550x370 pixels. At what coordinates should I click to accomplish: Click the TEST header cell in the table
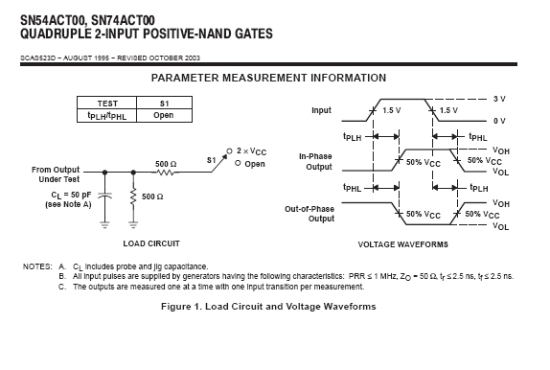pos(106,103)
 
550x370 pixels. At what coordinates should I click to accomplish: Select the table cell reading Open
pos(164,115)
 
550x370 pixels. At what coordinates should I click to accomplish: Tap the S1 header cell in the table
pos(164,103)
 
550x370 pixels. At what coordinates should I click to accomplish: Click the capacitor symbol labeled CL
pos(104,196)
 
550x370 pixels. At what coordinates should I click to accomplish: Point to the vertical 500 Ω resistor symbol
pos(133,197)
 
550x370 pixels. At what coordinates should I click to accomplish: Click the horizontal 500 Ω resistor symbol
pos(165,172)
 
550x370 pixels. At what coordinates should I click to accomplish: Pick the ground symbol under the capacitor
pos(104,224)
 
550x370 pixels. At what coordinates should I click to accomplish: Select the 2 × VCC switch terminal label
pos(251,151)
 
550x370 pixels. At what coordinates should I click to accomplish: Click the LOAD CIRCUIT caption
pos(151,243)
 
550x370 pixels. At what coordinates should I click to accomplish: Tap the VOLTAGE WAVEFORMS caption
pos(403,244)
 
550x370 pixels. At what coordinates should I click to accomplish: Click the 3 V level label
pos(499,99)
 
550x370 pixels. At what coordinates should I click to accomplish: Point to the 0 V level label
pos(499,121)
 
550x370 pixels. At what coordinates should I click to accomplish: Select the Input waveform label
pos(321,110)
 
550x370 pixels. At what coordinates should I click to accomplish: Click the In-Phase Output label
pos(315,161)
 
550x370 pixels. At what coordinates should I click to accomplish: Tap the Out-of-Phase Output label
pos(309,214)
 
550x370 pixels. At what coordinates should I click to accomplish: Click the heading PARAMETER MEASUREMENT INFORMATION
pos(268,78)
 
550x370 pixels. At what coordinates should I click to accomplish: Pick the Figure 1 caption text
pos(268,307)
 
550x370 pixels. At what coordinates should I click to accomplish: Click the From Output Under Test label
pos(56,174)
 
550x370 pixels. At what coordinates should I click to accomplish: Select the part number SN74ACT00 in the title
pos(123,20)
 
